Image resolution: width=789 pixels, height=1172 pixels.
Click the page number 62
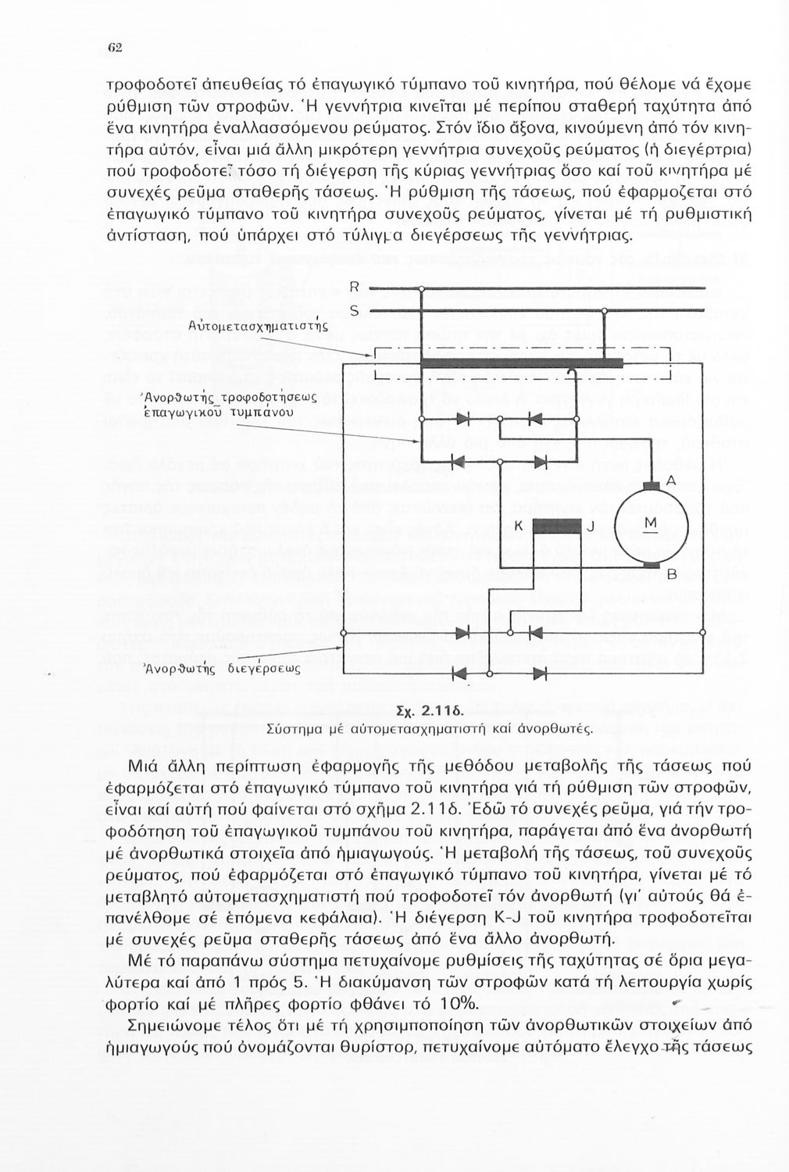tap(113, 46)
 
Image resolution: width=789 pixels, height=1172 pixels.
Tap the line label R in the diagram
tap(354, 286)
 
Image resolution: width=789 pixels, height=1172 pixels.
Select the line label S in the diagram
tap(353, 311)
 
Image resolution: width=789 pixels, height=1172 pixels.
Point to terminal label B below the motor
tap(670, 574)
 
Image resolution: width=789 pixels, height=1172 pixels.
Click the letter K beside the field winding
tap(518, 525)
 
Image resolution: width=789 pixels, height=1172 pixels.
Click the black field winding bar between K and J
tap(557, 523)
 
